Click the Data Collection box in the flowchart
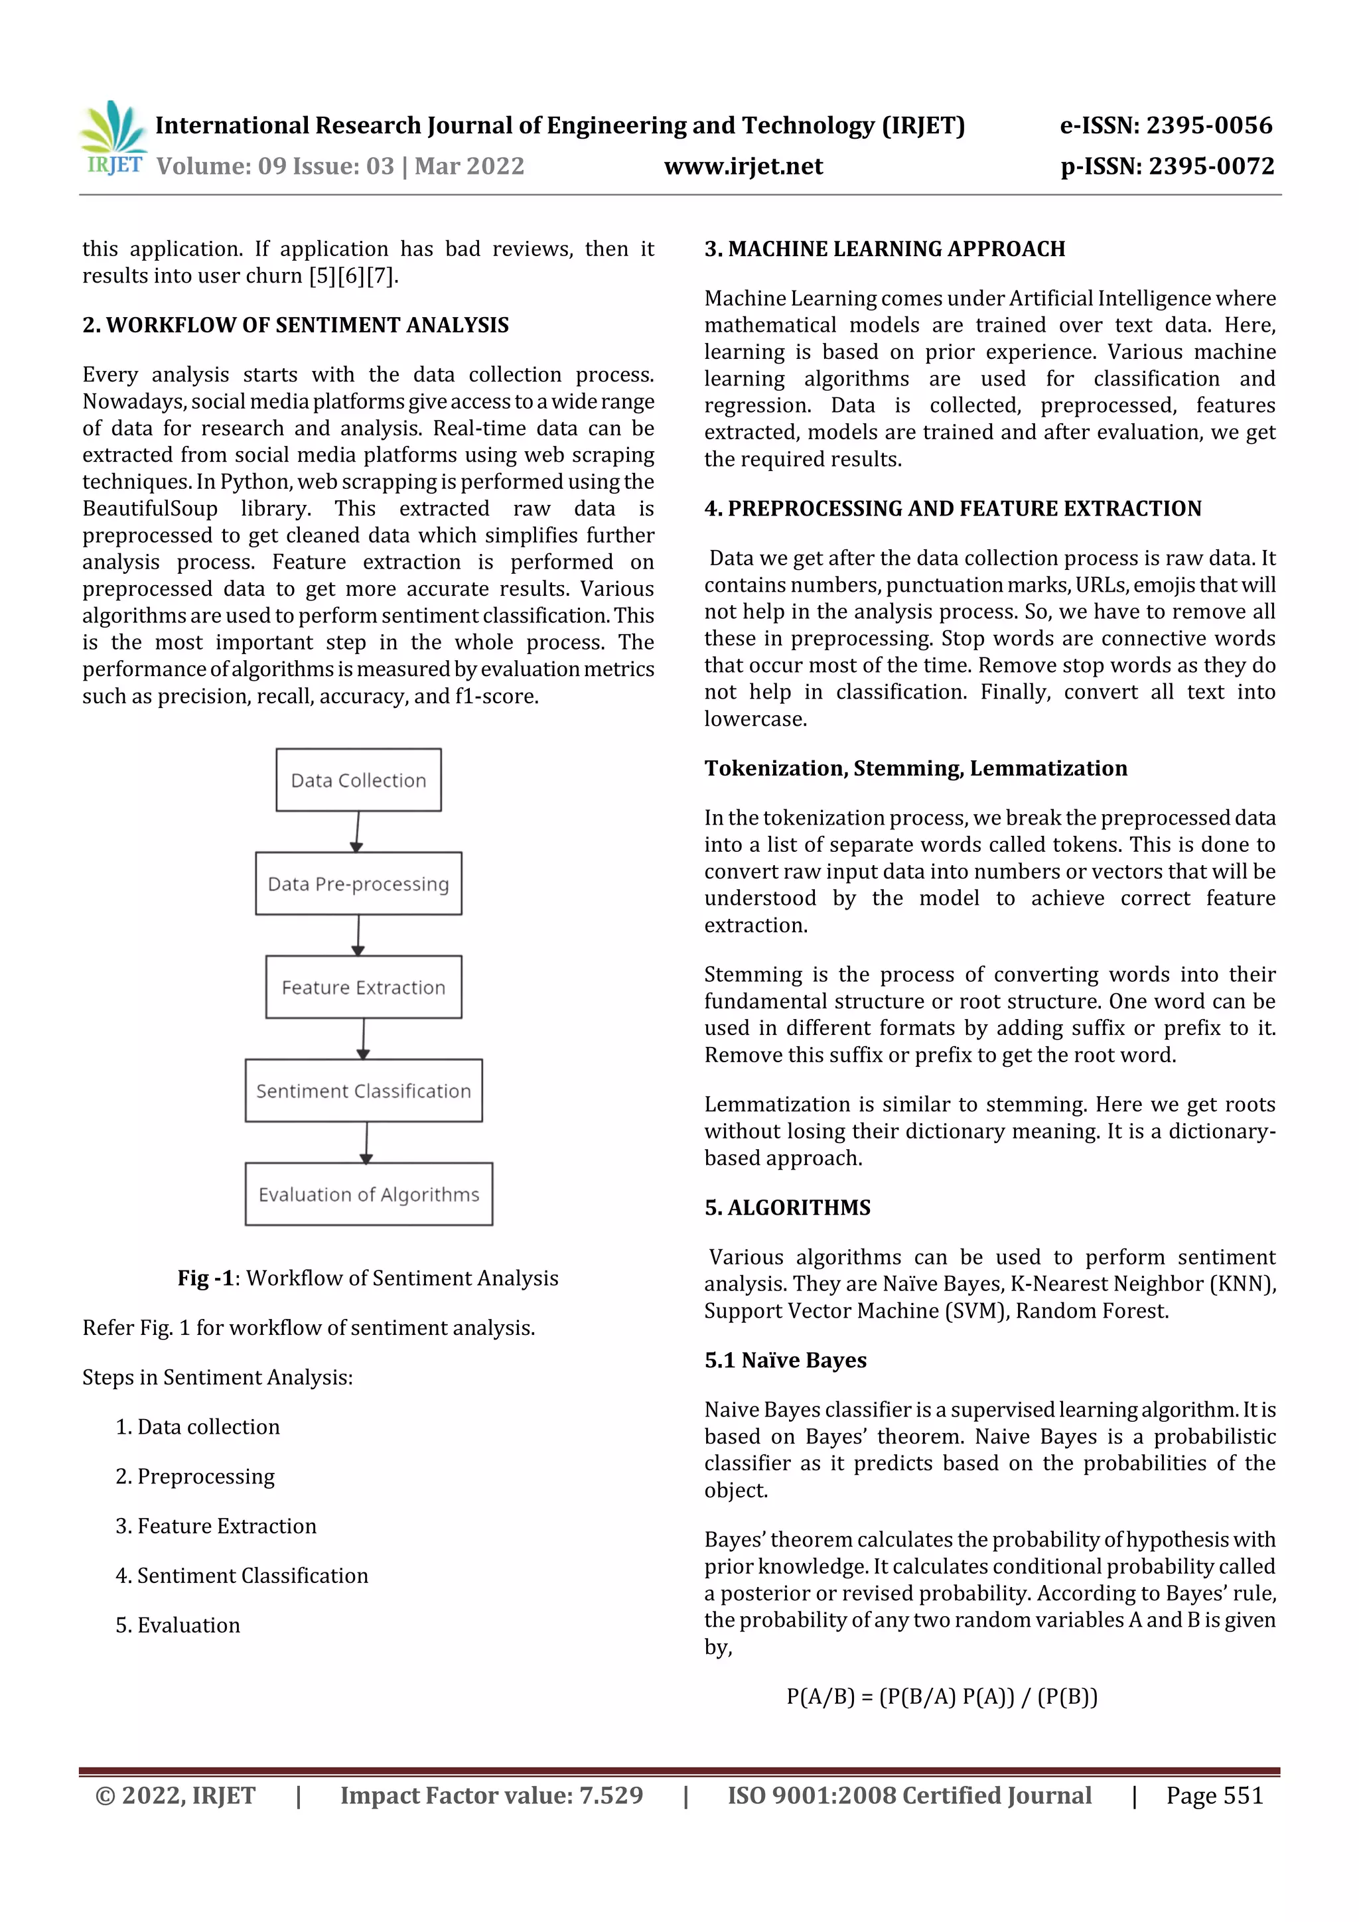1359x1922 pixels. tap(358, 780)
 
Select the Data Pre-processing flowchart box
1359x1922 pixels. tap(358, 883)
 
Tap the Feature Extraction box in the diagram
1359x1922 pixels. tap(364, 987)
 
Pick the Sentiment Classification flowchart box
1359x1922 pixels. tap(364, 1090)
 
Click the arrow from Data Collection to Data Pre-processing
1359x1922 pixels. tap(358, 831)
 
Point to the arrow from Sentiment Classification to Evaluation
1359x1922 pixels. tap(366, 1142)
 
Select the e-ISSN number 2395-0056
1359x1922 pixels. tap(1208, 125)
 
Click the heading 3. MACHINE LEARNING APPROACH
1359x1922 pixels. tap(885, 249)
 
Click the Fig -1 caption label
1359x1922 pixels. tap(205, 1277)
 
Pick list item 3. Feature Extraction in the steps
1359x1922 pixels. tap(216, 1525)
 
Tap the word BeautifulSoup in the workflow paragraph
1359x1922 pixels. tap(150, 508)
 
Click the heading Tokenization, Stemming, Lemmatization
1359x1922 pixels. tap(915, 768)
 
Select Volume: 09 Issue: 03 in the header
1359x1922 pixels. tap(275, 167)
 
